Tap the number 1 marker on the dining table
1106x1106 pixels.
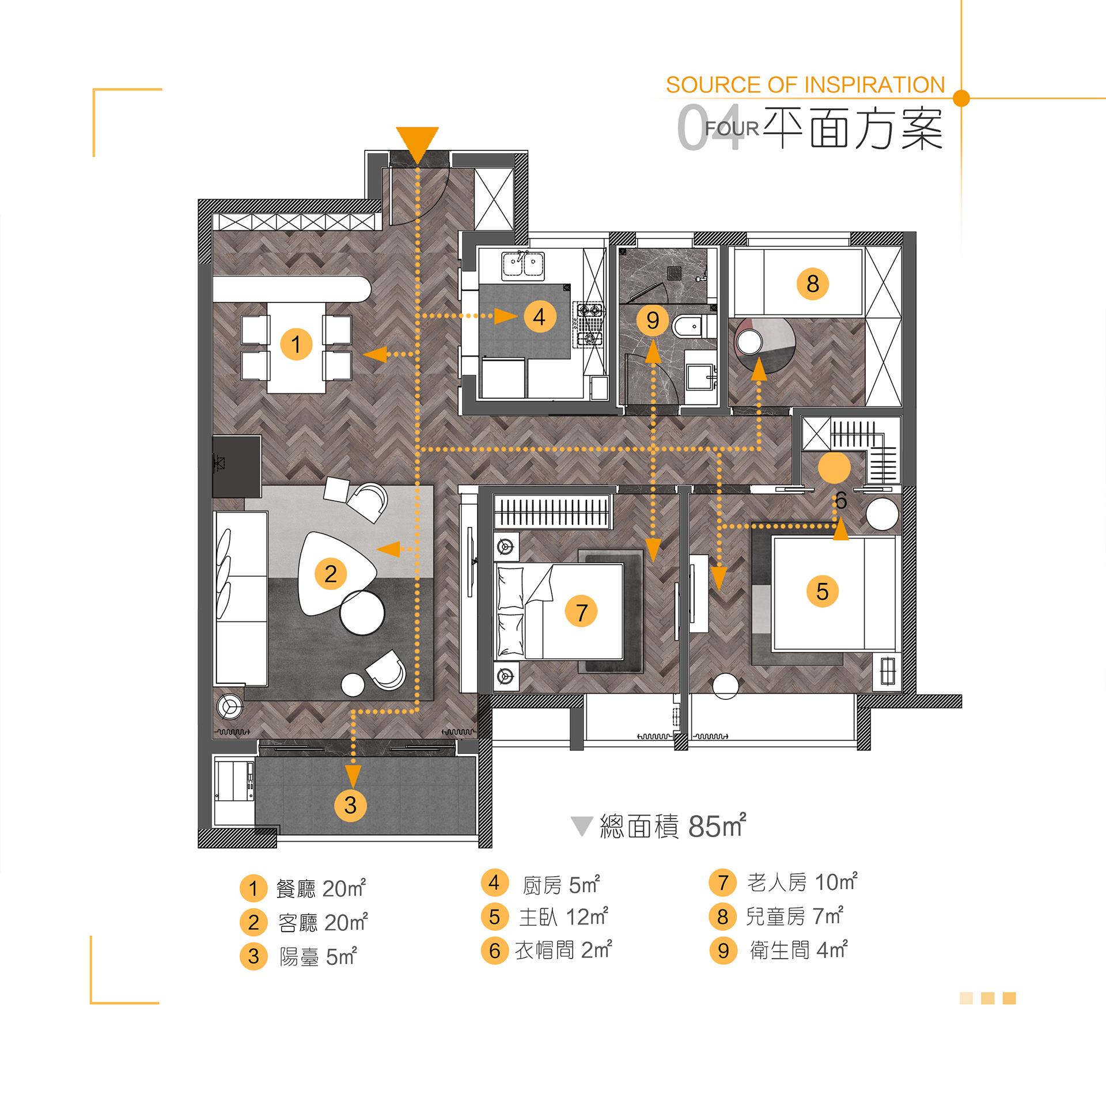296,344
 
